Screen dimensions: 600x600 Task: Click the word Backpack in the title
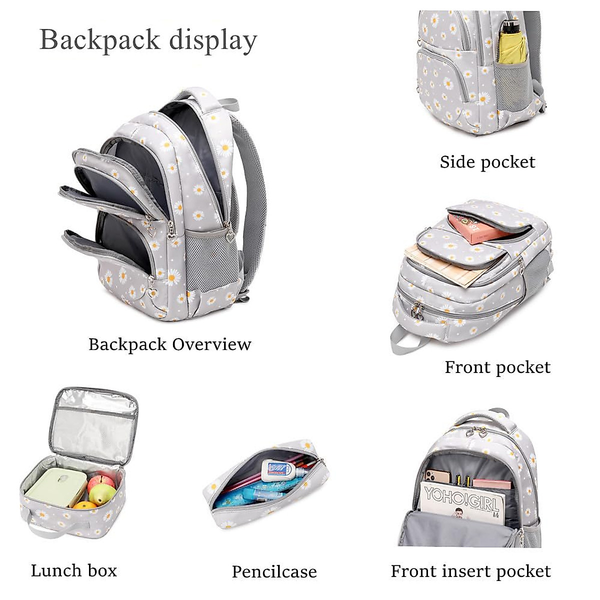100,39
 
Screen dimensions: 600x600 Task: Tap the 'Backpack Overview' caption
169,344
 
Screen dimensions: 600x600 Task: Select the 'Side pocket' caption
487,161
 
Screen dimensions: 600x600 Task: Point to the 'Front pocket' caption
497,367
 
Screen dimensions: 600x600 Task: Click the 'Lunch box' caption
74,570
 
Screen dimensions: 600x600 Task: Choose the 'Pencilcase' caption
274,571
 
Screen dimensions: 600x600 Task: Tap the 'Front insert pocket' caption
470,571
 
